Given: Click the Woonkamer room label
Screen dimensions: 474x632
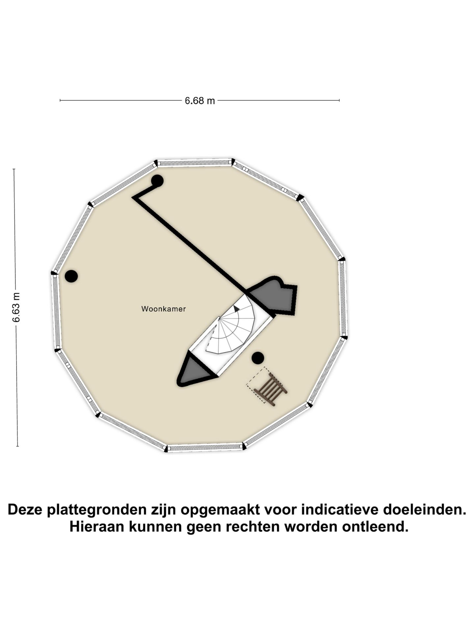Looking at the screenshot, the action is coord(164,309).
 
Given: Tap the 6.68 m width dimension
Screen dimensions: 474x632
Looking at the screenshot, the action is coord(199,100).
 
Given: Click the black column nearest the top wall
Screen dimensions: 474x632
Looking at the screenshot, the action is coord(157,181).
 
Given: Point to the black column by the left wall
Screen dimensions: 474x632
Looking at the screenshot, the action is coord(71,276).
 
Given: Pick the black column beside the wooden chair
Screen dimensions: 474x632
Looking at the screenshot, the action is coord(258,358).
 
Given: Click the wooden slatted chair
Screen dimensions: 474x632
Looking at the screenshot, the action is coord(270,389).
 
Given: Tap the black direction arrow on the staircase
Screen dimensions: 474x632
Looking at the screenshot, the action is coord(236,309).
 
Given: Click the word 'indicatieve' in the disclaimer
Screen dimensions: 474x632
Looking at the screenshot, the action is coord(340,510).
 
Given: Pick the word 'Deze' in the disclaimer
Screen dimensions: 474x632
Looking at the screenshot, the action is coord(26,510).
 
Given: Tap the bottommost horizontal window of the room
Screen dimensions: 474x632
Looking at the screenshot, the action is coord(205,447).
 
